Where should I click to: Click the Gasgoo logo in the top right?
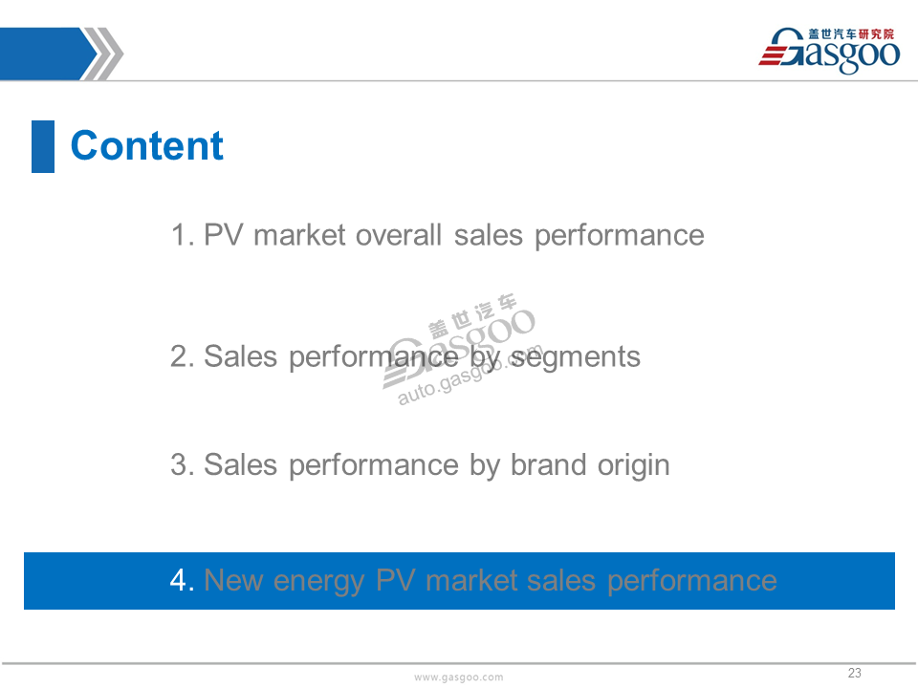click(829, 51)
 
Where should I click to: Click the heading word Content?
click(147, 145)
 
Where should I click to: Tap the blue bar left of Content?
click(43, 146)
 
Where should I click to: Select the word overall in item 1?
click(398, 235)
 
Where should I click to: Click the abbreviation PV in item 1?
click(223, 235)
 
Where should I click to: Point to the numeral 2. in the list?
click(182, 356)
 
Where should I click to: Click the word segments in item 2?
click(576, 357)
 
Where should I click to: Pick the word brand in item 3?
click(548, 465)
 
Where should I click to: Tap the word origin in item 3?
click(633, 466)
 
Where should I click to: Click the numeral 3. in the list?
click(182, 465)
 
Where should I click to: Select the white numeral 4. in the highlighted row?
click(182, 580)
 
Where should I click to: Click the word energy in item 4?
click(318, 582)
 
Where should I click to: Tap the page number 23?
click(855, 673)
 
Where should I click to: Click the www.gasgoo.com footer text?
click(458, 677)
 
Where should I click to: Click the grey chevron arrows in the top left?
click(102, 54)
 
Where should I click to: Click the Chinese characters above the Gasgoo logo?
click(851, 34)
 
